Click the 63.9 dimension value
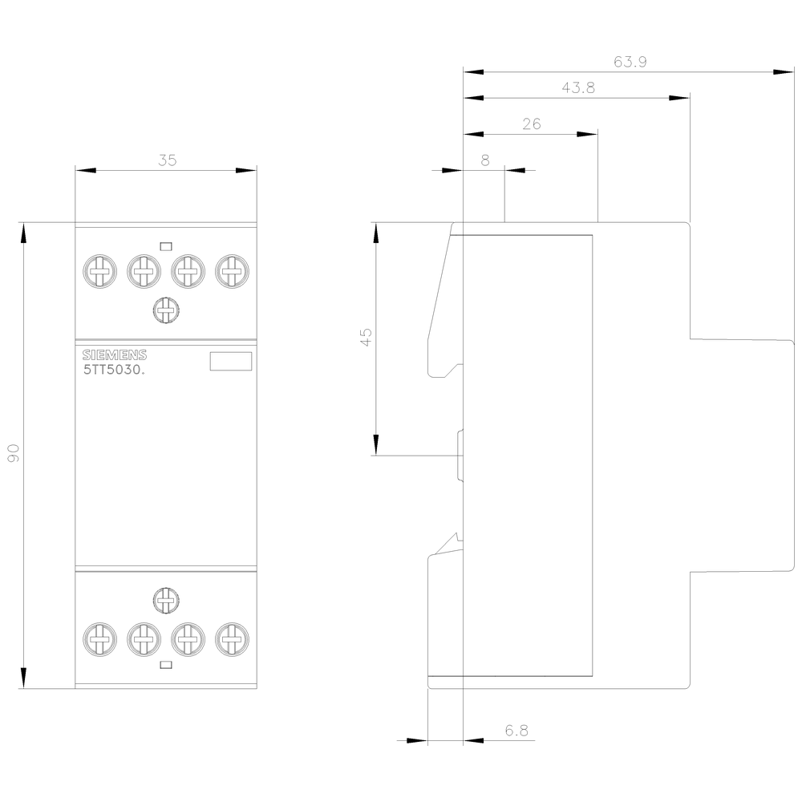pos(630,62)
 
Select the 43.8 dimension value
pos(577,88)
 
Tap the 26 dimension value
pos(531,124)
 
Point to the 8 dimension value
pos(484,160)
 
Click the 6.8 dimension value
pos(516,731)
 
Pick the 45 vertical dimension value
pos(366,337)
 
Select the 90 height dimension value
pos(13,454)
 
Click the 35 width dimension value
pos(166,160)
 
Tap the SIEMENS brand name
pos(115,356)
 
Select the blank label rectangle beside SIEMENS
pos(231,362)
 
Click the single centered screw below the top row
pos(165,310)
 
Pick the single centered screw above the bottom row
pos(165,598)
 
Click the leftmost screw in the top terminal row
pos(99,273)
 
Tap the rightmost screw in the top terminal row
pos(232,273)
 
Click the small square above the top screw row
pos(165,245)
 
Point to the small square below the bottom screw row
pos(165,665)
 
